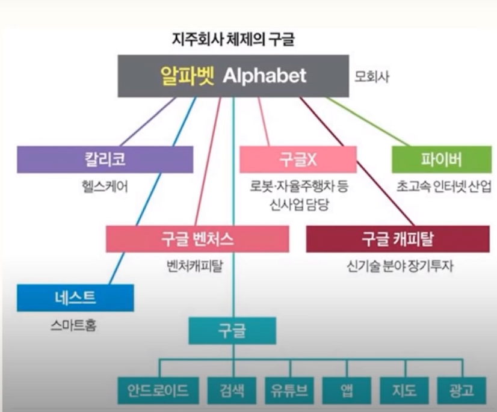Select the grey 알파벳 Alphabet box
click(x=233, y=76)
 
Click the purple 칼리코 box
click(x=105, y=160)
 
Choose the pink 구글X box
click(x=298, y=160)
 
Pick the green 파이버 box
click(x=442, y=160)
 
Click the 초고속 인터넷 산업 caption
click(x=443, y=186)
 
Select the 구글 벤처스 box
click(x=197, y=239)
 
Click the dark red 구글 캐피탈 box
click(x=397, y=239)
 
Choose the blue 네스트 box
click(x=75, y=298)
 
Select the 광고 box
click(x=461, y=391)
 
